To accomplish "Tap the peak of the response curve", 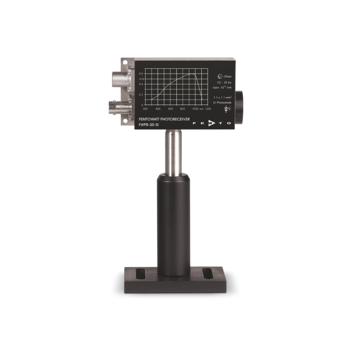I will click(x=190, y=74).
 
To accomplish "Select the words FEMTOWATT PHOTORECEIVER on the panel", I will click(x=162, y=118).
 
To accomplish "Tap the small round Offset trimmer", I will click(x=220, y=76).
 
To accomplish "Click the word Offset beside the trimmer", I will click(x=228, y=76).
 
